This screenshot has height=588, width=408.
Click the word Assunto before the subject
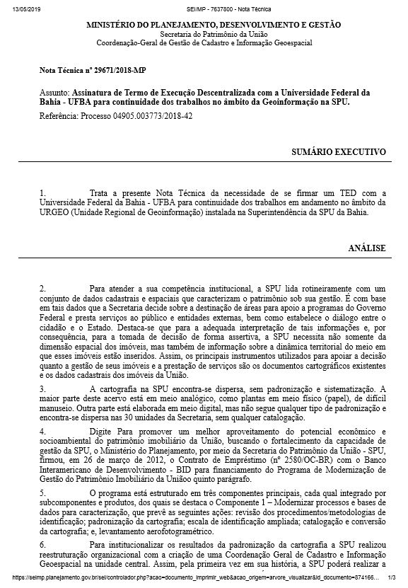point(55,93)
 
